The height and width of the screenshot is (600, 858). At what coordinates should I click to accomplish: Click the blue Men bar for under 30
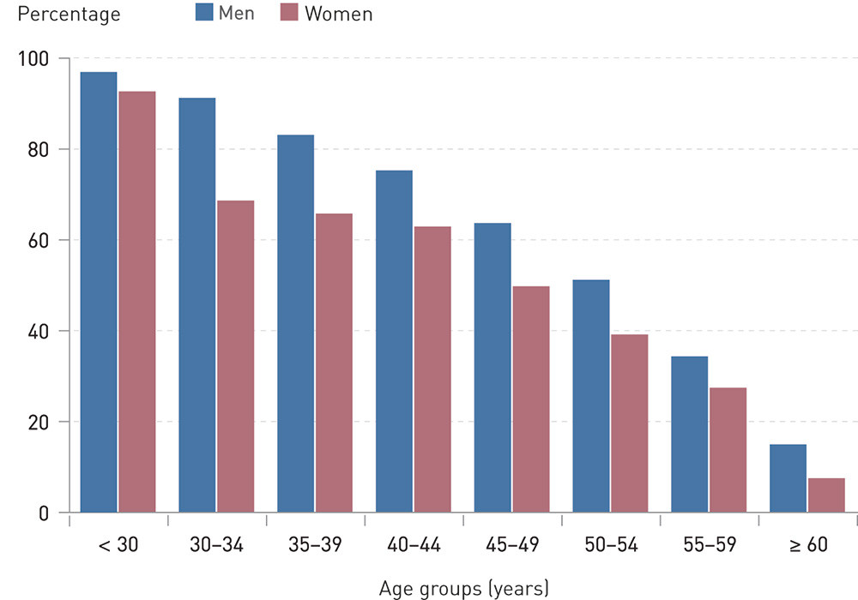coord(99,292)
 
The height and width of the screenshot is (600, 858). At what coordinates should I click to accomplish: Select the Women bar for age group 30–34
coord(235,357)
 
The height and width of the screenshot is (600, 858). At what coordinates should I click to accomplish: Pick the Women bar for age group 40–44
coord(432,369)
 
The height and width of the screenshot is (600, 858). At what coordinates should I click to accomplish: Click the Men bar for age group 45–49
coord(492,368)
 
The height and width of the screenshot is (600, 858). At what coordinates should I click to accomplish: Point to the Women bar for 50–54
coord(629,423)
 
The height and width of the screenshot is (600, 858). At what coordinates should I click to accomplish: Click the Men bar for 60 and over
coord(788,478)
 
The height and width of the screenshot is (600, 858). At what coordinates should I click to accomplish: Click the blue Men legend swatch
coord(203,12)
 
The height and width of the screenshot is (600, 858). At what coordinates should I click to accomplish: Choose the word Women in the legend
coord(339,14)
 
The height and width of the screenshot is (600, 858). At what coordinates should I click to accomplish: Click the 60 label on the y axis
coord(38,241)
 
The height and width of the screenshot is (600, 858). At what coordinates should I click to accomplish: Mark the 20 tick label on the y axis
coord(38,423)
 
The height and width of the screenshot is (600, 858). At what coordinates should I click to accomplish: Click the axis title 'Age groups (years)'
coord(463,588)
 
